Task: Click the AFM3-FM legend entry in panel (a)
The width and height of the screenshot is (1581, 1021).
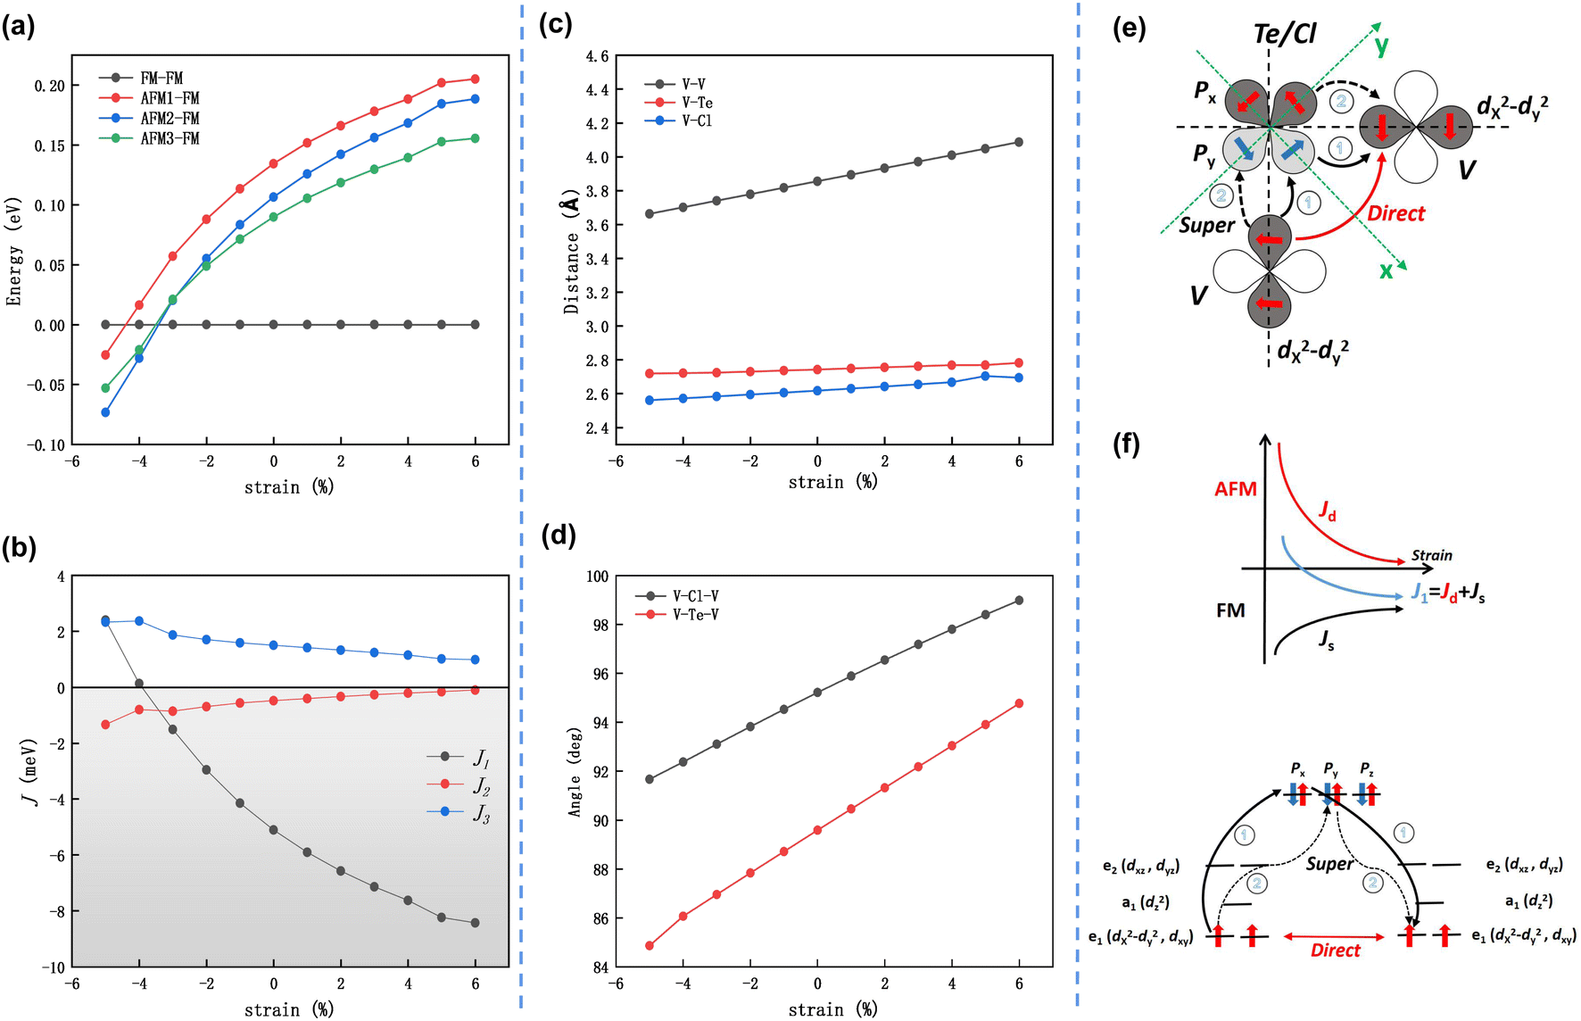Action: (149, 138)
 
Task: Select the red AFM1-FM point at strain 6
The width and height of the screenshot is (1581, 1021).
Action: (475, 79)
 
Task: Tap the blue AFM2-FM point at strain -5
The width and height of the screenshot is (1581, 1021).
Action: (105, 412)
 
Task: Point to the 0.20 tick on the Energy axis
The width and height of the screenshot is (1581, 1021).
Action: (50, 86)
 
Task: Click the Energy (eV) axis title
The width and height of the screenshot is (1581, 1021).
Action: (13, 251)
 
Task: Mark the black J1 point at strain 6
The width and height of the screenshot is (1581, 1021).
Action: (475, 923)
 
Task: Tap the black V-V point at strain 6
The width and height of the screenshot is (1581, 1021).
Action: (1019, 142)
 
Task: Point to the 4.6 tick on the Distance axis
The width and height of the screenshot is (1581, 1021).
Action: (597, 56)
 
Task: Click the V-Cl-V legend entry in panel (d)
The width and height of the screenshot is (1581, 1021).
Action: (677, 595)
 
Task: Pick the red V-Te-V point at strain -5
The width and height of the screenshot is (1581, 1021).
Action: (650, 945)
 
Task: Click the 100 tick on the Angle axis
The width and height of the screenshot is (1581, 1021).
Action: (597, 577)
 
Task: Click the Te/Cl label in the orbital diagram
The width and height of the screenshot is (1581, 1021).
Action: (1285, 34)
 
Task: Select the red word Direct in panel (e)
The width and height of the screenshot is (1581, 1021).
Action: (1396, 213)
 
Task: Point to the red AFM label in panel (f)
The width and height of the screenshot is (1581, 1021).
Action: (1236, 489)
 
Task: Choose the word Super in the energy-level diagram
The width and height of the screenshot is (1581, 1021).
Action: (1329, 864)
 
